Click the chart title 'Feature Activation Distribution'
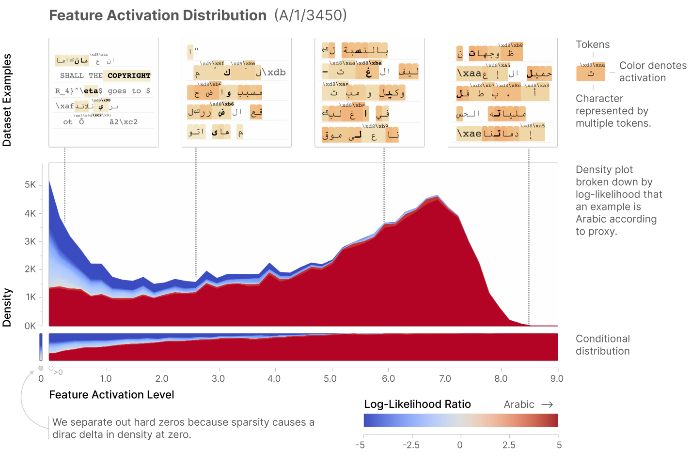coord(157,15)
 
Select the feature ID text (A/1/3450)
coord(311,15)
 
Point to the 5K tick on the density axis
coord(30,185)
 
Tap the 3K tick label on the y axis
coord(30,241)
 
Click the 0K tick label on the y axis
coord(30,326)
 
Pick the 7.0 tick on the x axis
coord(445,379)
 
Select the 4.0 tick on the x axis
coord(274,379)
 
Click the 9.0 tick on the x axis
coord(557,379)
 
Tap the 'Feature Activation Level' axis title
coord(111,395)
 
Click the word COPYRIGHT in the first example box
coord(129,75)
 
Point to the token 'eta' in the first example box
coord(91,91)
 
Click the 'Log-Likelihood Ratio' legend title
coord(417,404)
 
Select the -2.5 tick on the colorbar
coord(410,445)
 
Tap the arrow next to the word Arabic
coord(547,404)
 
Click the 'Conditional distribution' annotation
coord(602,345)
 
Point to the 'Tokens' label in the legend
coord(593,45)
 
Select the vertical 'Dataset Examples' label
coord(7,100)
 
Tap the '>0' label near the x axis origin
coord(58,373)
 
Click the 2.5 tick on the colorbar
coord(509,445)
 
